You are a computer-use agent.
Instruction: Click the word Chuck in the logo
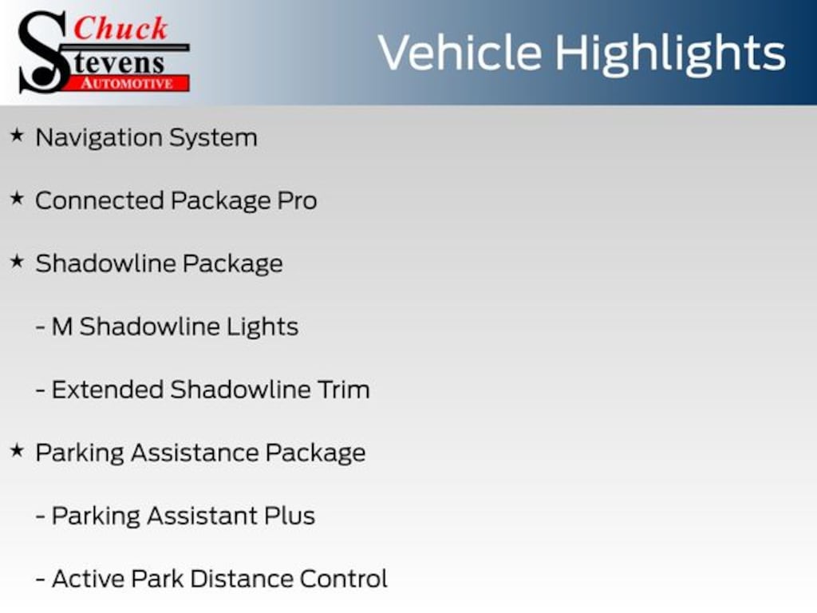tap(121, 28)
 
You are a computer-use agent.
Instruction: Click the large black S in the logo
tap(44, 52)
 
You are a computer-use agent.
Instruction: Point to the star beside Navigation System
tap(18, 136)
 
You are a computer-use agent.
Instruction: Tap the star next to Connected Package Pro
tap(18, 199)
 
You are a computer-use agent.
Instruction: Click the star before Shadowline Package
tap(18, 262)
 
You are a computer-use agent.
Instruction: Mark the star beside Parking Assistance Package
tap(18, 450)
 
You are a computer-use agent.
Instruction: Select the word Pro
tap(297, 200)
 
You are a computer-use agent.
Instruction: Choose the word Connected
tap(100, 200)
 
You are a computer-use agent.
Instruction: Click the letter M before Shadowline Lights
tap(62, 326)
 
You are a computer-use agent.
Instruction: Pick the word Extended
tap(108, 390)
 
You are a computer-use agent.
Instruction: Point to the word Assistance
tap(195, 453)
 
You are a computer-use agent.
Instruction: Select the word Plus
tap(290, 516)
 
